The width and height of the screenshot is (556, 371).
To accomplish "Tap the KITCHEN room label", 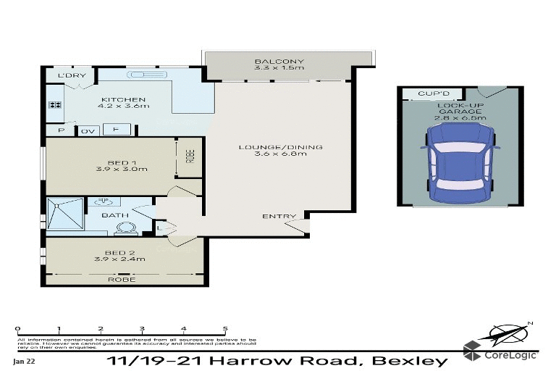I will point(124,99).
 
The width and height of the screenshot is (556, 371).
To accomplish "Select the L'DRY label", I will point(71,76).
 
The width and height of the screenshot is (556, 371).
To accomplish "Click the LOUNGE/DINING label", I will point(281,148).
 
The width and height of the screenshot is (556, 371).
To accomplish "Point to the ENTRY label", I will point(279,216).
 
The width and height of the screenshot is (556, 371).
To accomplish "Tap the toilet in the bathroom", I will point(125,228).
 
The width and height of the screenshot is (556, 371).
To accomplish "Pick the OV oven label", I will point(88,130).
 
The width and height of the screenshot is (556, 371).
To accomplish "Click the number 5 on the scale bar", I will point(226,328).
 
